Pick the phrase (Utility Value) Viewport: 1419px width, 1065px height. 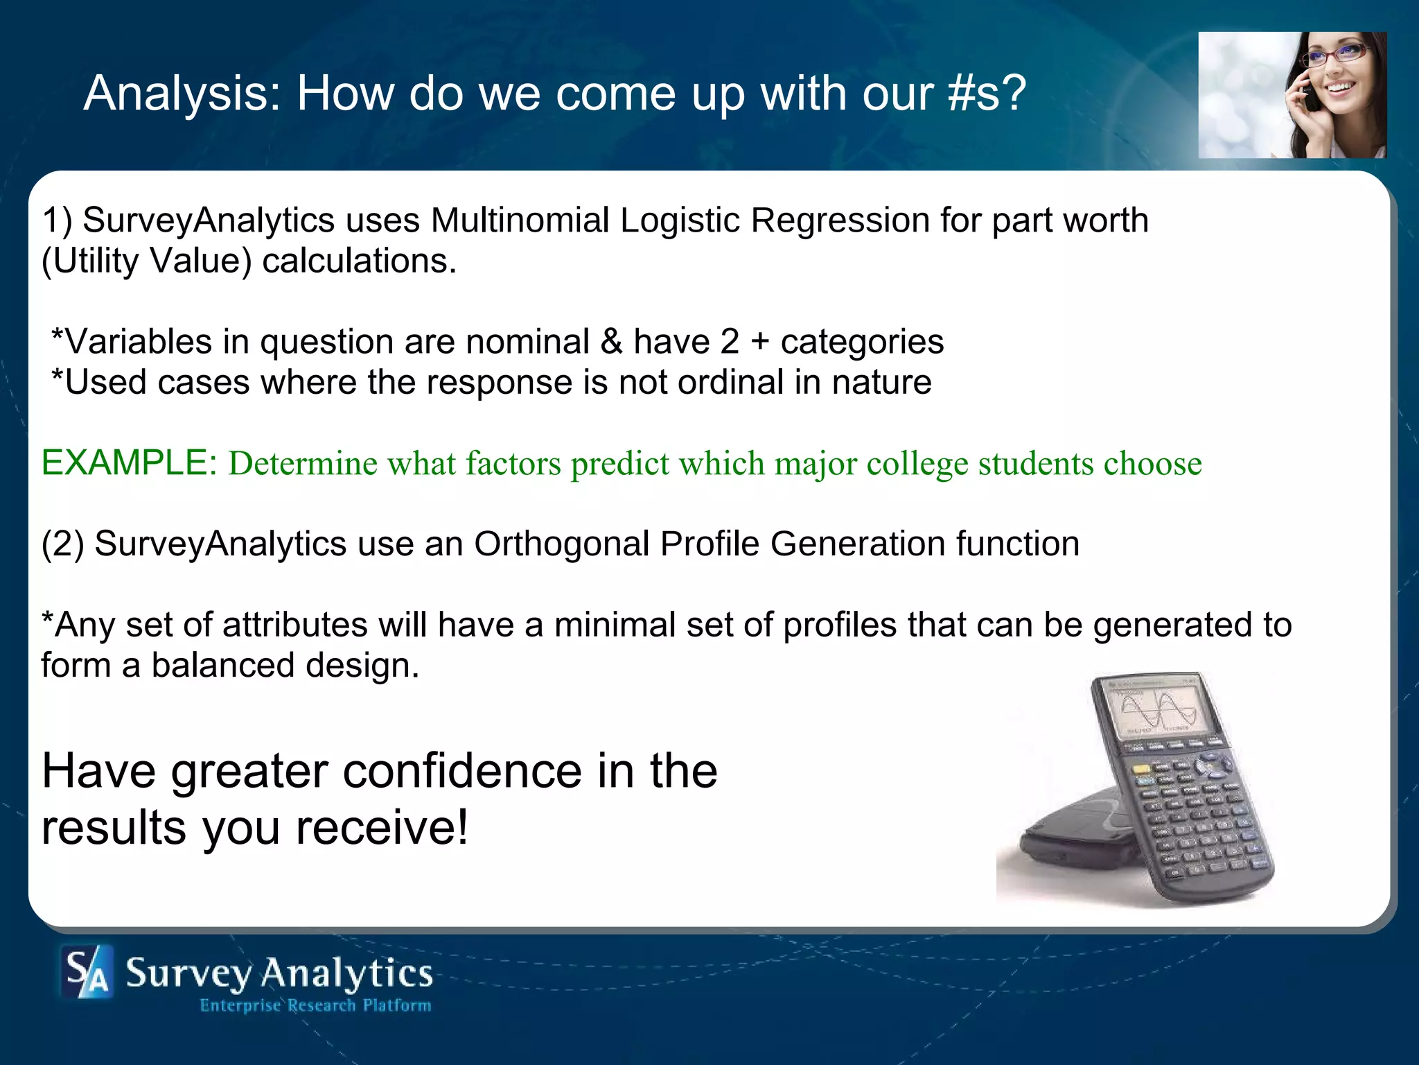pos(147,261)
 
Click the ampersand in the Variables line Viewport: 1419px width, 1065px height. pos(611,342)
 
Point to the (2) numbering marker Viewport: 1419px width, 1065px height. pos(62,544)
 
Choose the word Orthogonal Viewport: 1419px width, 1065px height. pos(561,544)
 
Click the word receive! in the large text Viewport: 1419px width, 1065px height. pos(382,828)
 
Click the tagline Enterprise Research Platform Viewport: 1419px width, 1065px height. pos(315,1005)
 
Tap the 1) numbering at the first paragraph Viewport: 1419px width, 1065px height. pos(57,220)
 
